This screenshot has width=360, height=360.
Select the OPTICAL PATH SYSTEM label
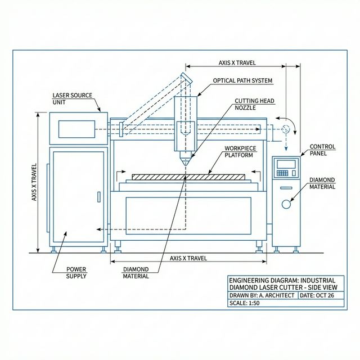(242, 80)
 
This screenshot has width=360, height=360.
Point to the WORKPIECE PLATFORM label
(240, 151)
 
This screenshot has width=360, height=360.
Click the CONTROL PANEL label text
(322, 150)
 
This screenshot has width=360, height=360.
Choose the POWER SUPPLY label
(76, 272)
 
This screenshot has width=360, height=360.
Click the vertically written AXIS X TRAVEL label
(34, 182)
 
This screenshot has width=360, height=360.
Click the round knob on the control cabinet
(286, 204)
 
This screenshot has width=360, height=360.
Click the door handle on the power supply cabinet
(99, 197)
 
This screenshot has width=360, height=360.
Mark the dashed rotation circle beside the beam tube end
(286, 128)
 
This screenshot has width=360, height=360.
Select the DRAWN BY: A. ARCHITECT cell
(261, 295)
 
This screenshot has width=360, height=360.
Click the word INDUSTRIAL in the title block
(318, 280)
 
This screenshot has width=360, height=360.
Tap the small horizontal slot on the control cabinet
(286, 187)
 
